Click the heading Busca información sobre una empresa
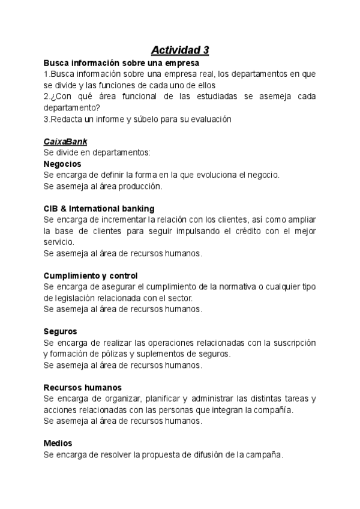(121, 62)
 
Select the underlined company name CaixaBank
(65, 142)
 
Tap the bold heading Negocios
(62, 164)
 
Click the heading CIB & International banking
(99, 208)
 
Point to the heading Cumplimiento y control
(91, 276)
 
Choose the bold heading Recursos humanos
(83, 387)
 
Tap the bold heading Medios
(58, 443)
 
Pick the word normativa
(227, 287)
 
